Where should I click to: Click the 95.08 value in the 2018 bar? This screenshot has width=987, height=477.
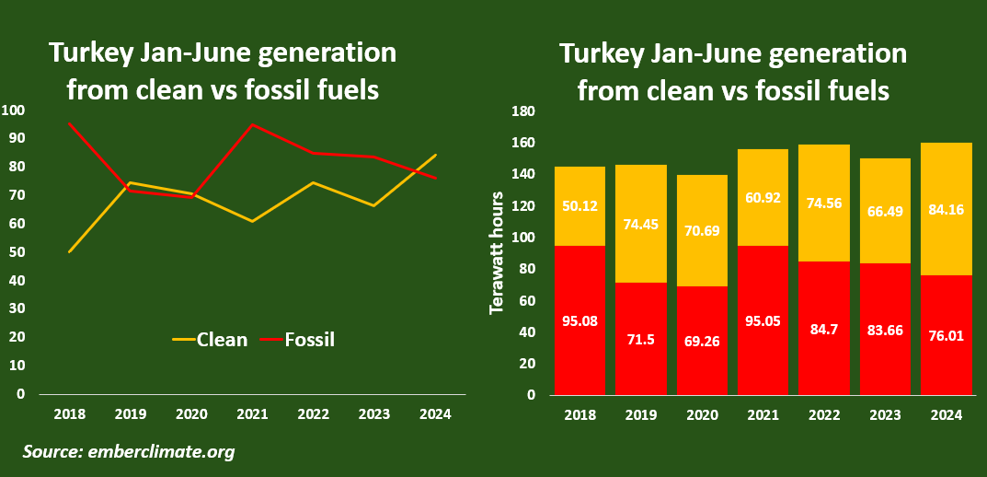580,322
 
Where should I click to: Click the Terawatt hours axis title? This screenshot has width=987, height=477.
497,252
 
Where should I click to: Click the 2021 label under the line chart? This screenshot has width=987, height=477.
253,414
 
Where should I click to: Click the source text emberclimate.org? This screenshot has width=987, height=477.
129,451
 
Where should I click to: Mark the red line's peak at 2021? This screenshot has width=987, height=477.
253,124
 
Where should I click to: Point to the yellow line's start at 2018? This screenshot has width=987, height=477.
70,251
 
